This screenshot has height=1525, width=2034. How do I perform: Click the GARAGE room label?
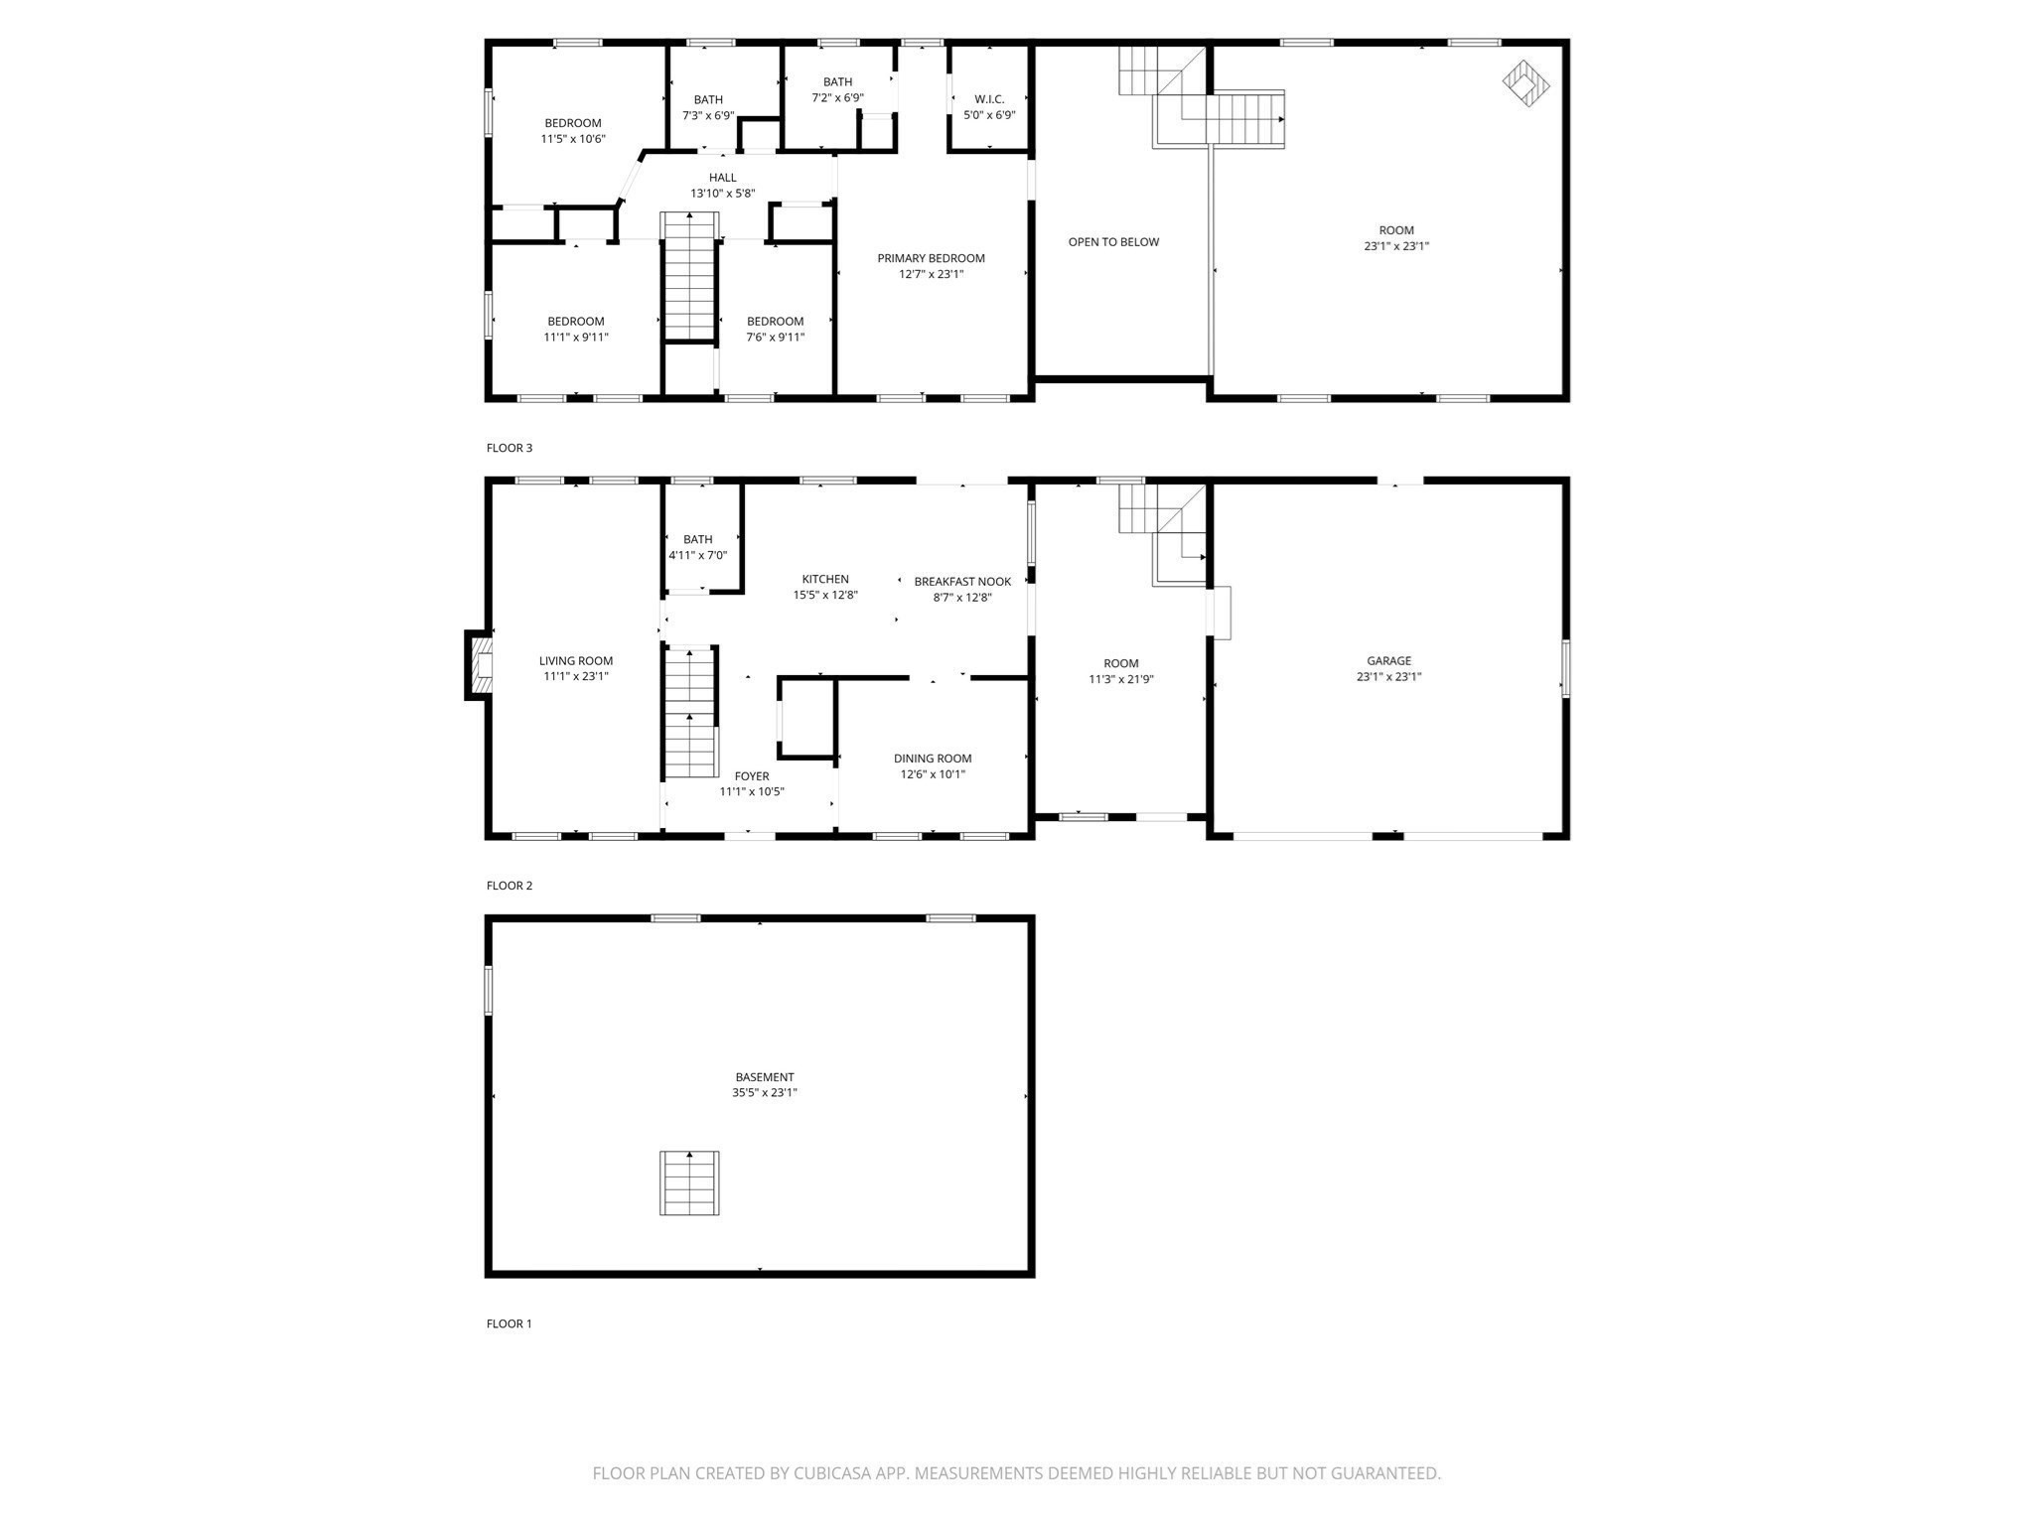(1388, 660)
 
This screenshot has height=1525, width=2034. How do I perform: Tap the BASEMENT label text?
(764, 1077)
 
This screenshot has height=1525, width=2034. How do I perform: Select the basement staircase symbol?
(689, 1182)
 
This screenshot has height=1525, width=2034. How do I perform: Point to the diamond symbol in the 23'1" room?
(1525, 83)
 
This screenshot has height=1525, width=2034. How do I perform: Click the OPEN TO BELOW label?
(1113, 242)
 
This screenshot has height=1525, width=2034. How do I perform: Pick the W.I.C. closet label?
(989, 99)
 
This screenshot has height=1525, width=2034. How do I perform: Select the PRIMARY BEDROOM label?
(931, 258)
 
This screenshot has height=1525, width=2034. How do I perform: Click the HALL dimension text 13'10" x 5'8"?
(723, 194)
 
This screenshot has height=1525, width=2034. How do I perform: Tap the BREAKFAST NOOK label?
(962, 582)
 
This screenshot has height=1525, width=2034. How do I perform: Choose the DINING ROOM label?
(933, 759)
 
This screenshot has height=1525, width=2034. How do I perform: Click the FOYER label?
(752, 776)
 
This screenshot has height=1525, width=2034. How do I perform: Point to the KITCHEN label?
(825, 579)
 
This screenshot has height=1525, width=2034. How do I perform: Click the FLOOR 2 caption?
(509, 886)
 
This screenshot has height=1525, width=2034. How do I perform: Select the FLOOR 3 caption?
(509, 448)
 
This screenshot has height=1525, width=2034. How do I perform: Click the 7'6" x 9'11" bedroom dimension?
(776, 338)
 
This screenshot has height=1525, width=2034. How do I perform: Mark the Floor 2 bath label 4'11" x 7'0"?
(698, 555)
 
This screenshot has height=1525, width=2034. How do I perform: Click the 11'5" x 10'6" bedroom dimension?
(573, 139)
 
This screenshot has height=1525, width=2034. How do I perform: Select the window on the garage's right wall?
(1566, 668)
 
